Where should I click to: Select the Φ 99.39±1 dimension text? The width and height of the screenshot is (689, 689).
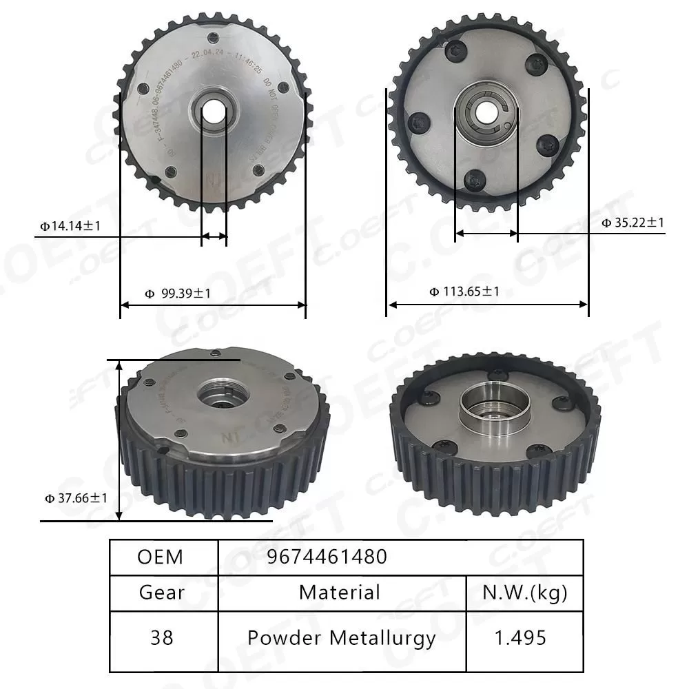pos(178,294)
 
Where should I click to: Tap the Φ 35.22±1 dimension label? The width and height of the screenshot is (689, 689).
pos(633,222)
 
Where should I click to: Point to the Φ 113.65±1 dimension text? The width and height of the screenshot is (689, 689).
pos(464,291)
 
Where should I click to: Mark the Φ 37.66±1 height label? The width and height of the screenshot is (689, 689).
pos(76,497)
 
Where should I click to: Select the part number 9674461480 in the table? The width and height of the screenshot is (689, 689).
pos(327,557)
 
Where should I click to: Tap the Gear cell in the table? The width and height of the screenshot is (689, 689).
pos(162,593)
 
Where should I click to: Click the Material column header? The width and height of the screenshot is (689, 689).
pos(340,593)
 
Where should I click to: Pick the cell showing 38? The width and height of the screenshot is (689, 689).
pos(162,637)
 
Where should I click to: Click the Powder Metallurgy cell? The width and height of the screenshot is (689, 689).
pos(342,637)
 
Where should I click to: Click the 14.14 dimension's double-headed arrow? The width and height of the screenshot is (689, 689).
pos(214,236)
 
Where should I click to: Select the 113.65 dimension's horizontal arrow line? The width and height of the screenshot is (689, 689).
pos(487,304)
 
